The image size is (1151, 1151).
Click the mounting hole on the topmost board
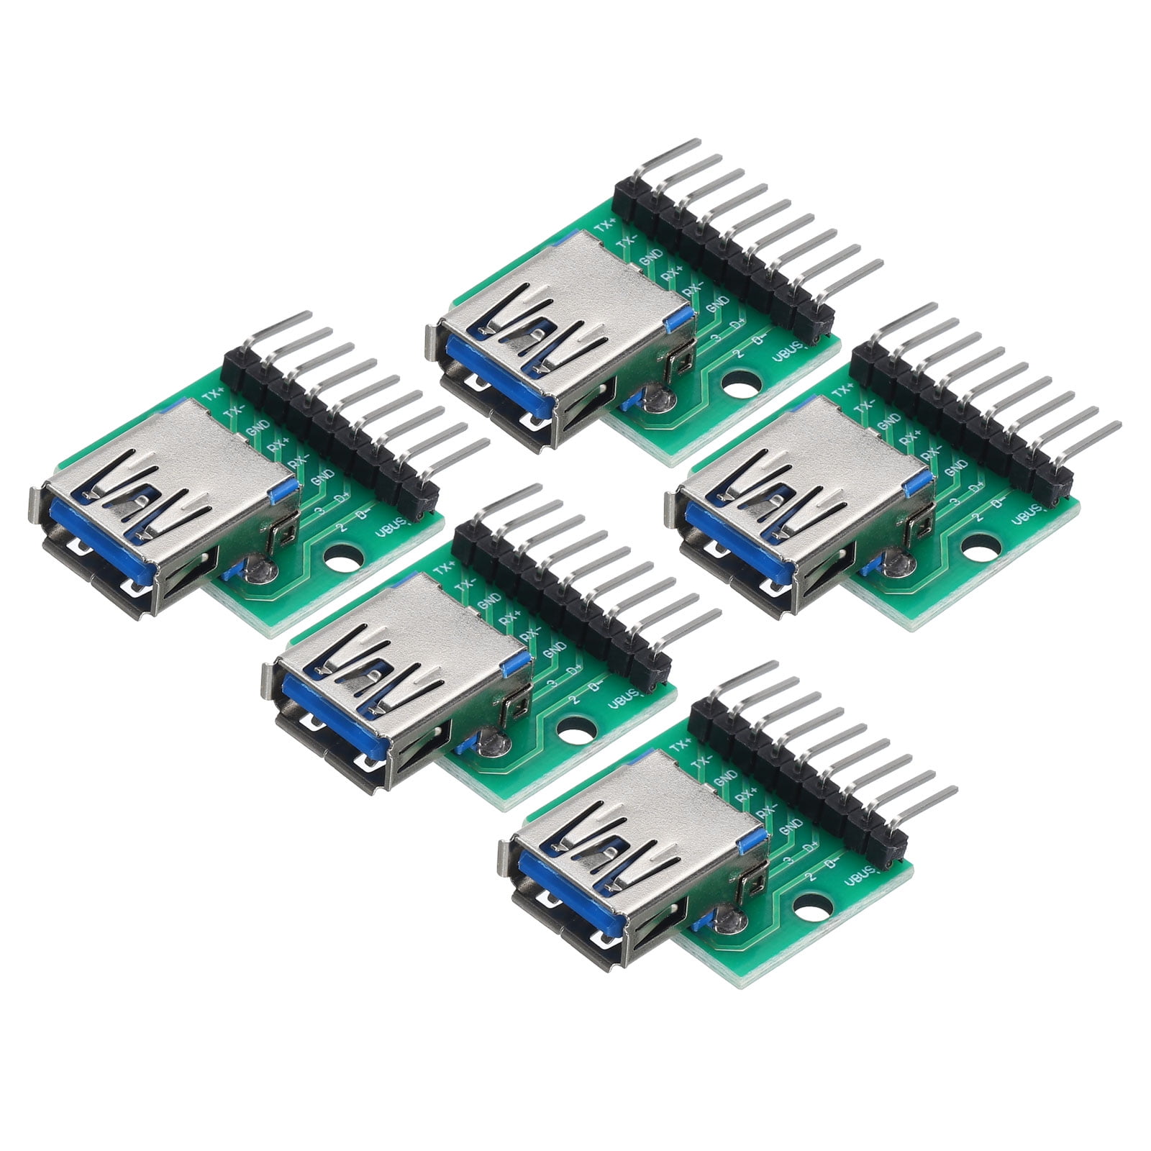(x=735, y=385)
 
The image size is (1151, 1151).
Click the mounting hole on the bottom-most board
(x=810, y=904)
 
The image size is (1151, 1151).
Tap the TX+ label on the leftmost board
(x=213, y=393)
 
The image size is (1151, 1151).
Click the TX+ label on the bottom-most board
(x=679, y=744)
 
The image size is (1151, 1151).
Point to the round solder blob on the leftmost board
(x=257, y=572)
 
